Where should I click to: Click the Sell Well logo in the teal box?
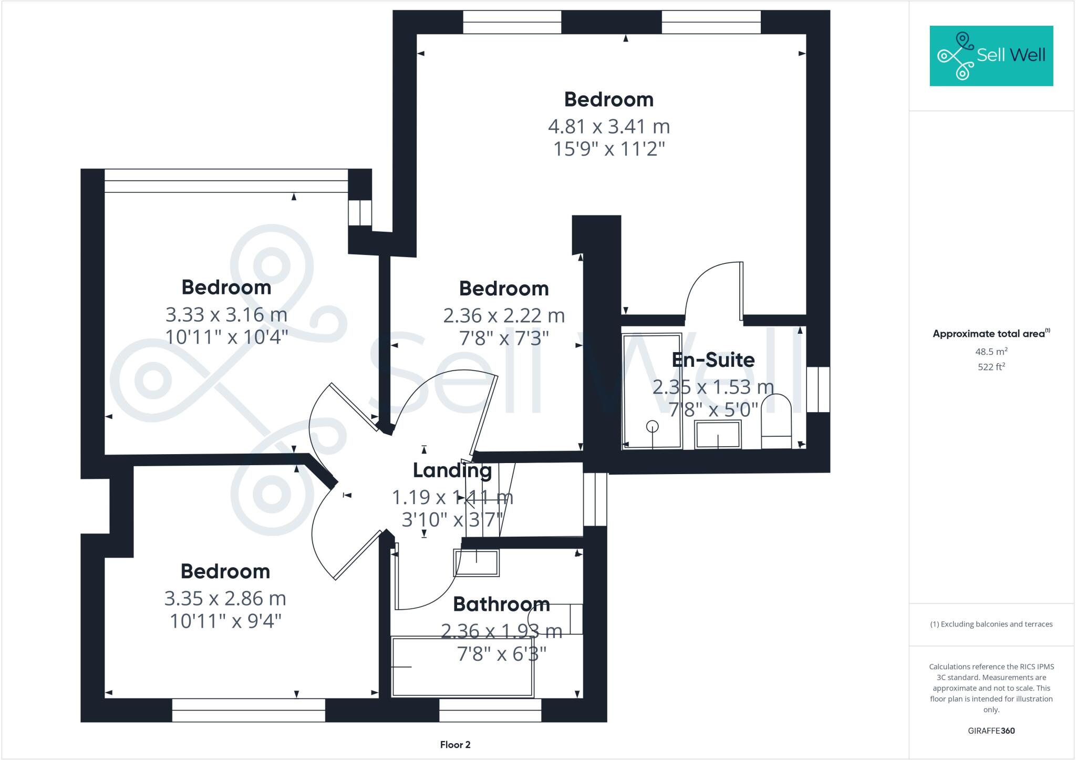click(991, 56)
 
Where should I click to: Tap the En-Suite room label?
click(713, 360)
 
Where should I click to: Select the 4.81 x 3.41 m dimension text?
click(608, 127)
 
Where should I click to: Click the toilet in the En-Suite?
click(776, 423)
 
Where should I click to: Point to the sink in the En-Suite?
click(718, 434)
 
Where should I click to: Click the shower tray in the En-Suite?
click(651, 391)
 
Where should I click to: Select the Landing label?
click(452, 470)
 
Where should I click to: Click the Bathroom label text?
click(501, 604)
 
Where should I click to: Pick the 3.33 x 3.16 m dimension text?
click(226, 315)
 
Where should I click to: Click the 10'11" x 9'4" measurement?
click(225, 621)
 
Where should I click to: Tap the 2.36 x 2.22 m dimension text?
click(503, 316)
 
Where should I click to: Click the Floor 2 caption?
click(455, 745)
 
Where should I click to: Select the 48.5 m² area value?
click(991, 351)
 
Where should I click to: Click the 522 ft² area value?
click(991, 367)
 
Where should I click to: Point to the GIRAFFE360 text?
click(991, 731)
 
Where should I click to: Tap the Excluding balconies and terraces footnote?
click(991, 624)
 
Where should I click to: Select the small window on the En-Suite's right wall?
click(818, 389)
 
